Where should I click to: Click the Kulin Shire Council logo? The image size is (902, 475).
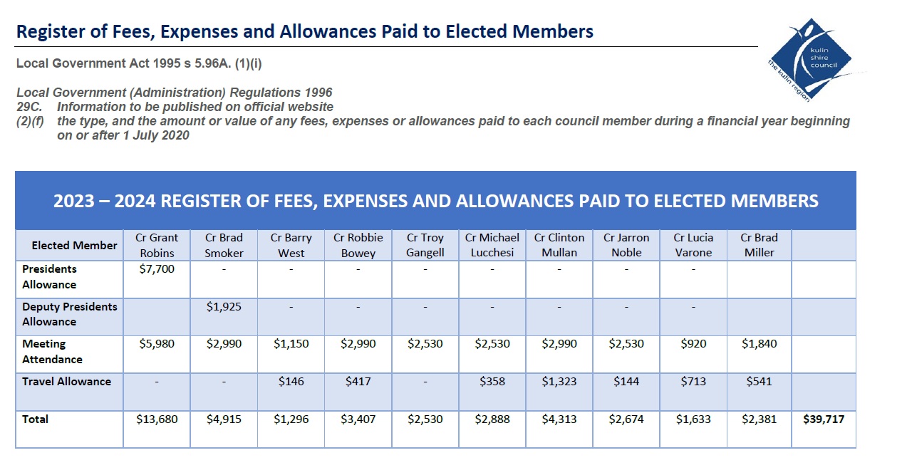[814, 60]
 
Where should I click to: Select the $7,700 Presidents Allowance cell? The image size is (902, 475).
[157, 269]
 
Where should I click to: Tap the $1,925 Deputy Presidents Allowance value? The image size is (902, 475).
[224, 307]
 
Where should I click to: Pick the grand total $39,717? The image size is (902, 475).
[824, 419]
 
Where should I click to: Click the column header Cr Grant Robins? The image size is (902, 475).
[157, 245]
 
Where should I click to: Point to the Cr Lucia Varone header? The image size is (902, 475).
[693, 245]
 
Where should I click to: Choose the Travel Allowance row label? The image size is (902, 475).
[66, 381]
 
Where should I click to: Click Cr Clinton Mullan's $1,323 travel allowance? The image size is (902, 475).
[559, 381]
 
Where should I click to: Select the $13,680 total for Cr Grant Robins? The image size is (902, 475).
[157, 419]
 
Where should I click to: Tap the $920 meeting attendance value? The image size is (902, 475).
[693, 344]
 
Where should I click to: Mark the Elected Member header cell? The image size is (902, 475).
[75, 245]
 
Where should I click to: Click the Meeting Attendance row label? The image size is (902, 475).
[52, 351]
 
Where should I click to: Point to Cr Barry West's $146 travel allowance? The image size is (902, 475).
[291, 381]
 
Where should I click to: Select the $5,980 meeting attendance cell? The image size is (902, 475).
[157, 344]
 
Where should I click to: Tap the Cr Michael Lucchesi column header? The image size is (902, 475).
[492, 245]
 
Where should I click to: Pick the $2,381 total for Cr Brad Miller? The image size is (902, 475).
[759, 419]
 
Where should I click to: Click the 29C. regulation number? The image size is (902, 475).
[29, 107]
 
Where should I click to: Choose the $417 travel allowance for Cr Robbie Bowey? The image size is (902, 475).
[358, 381]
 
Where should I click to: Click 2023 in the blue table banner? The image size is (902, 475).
[73, 201]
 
